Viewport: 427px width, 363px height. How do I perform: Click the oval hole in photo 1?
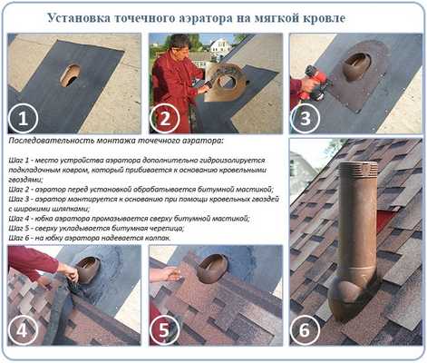point(70,74)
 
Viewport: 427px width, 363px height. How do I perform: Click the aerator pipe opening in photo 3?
point(359,65)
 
